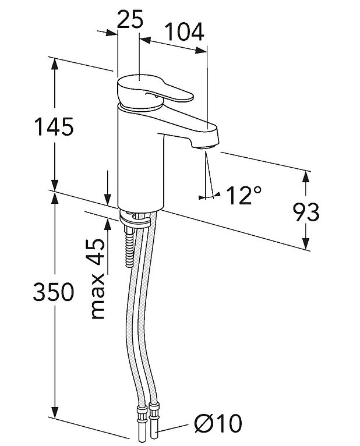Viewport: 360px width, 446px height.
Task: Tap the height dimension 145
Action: click(x=53, y=126)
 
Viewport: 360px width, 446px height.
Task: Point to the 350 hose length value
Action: click(x=53, y=292)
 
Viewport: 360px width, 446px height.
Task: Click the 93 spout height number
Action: click(x=306, y=213)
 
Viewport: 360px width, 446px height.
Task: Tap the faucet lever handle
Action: click(x=154, y=92)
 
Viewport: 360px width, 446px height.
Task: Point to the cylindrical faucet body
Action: click(x=140, y=157)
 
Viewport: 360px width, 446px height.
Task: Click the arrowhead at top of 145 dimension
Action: click(x=54, y=63)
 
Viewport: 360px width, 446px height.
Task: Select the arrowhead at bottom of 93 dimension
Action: click(x=306, y=245)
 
